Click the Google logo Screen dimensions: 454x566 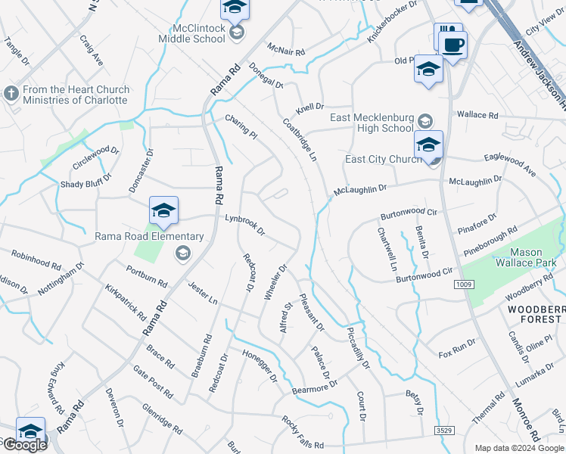point(24,445)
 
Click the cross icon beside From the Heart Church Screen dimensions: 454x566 point(11,93)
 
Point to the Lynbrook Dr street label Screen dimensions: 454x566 point(245,223)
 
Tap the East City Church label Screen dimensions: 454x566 point(384,159)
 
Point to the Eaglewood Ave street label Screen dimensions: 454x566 point(509,165)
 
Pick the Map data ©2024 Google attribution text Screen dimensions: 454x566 point(518,447)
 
